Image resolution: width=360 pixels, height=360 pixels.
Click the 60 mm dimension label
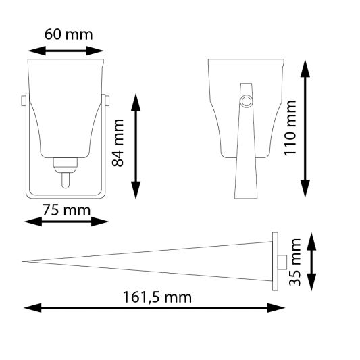[68, 34]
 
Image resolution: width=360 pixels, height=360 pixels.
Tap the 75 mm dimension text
[66, 209]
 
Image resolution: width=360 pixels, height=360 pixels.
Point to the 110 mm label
[290, 128]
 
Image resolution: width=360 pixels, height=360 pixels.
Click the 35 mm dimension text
[295, 261]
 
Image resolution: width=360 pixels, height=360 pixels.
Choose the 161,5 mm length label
[157, 297]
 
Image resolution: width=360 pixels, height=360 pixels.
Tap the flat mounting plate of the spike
[274, 261]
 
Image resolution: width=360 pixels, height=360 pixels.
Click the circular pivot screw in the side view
[247, 101]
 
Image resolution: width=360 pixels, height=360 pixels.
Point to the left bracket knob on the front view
[24, 101]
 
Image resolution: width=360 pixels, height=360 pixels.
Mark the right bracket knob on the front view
[107, 101]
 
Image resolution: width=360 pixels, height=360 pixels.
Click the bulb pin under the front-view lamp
[66, 181]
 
